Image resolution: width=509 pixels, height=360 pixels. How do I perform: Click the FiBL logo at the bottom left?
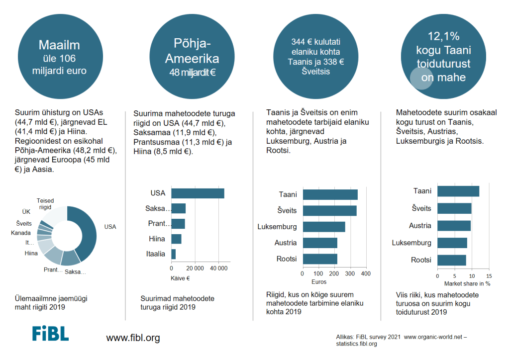pos(50,334)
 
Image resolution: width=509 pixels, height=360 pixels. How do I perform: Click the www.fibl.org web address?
pos(133,338)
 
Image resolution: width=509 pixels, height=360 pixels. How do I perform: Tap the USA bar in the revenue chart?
pos(198,193)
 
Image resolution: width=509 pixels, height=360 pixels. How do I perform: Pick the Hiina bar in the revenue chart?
pos(176,239)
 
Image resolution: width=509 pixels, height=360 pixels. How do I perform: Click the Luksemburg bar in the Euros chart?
pos(324,227)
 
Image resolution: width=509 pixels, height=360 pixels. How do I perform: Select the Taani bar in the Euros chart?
pos(330,194)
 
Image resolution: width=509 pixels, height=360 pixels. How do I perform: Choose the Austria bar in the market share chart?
pos(454,226)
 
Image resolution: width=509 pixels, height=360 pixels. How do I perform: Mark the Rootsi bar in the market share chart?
pos(452,260)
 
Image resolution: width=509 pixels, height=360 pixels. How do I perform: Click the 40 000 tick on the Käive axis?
pos(219,269)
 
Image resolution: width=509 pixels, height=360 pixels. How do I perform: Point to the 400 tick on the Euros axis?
pos(365,274)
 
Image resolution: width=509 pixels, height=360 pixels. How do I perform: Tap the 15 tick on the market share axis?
pos(489,276)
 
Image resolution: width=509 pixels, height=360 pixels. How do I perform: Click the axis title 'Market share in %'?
pos(467,283)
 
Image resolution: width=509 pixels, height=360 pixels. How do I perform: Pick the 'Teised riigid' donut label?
pos(45,203)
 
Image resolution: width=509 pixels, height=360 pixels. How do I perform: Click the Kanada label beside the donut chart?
pos(21,233)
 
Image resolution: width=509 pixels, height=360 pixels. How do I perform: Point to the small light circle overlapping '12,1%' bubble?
pos(420,79)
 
